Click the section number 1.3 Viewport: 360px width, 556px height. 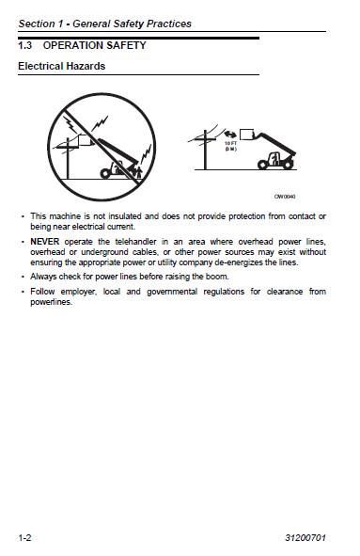(24, 45)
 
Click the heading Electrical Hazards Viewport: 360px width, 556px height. (62, 66)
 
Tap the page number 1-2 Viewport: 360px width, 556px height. (24, 538)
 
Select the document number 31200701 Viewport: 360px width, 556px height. (305, 538)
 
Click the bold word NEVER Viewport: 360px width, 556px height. (44, 242)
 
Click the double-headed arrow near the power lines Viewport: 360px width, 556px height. (230, 135)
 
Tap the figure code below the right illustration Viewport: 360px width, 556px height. (285, 197)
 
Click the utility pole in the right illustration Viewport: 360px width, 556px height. (205, 150)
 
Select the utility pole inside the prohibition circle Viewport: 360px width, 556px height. (68, 158)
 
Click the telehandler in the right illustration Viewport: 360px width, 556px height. (276, 151)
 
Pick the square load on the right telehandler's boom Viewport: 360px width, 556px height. (246, 135)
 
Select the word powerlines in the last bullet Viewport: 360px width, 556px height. (52, 302)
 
